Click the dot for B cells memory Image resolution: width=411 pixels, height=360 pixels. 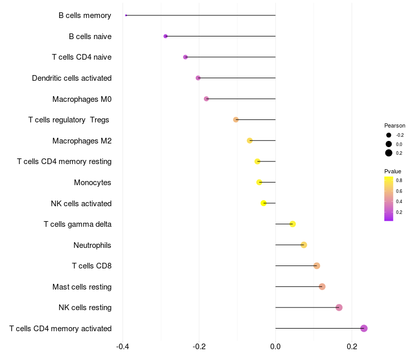[126, 15]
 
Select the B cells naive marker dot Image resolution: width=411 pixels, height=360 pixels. [165, 36]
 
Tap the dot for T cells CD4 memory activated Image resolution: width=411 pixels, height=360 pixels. [364, 328]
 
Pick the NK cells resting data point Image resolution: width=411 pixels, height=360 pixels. [339, 308]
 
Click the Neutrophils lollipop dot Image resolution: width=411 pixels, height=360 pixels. [304, 245]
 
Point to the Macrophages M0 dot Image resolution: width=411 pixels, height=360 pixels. [207, 99]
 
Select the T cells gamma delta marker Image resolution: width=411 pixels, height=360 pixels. [293, 224]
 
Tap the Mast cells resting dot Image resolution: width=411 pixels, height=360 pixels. [322, 286]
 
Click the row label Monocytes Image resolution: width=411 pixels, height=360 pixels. [92, 183]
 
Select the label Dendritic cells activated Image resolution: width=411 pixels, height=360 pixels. [71, 78]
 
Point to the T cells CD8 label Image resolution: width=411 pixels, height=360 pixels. [91, 266]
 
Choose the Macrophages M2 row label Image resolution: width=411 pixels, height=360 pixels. [82, 141]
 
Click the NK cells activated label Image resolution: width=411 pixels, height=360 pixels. [81, 204]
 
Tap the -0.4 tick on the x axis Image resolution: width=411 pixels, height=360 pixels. [122, 347]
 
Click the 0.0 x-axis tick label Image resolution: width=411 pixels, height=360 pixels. [275, 347]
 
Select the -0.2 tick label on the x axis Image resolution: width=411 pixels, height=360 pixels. [199, 347]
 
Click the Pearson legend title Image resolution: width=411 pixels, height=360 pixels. [395, 125]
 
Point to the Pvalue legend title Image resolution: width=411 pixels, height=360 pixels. [393, 171]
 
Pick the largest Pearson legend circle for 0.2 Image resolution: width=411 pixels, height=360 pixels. [389, 153]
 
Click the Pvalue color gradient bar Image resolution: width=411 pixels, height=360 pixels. [389, 199]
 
